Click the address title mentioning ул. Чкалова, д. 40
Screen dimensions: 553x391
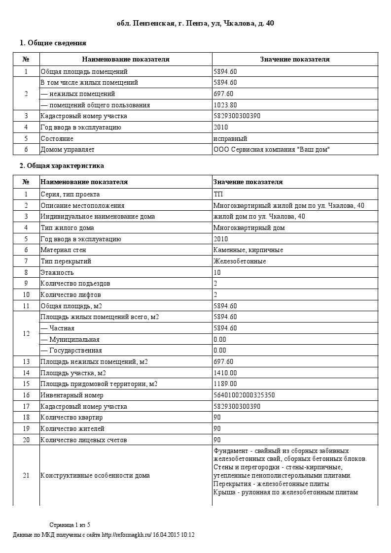[195, 23]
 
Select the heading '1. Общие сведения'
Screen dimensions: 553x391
[53, 43]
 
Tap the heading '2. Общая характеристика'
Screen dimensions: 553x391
[62, 165]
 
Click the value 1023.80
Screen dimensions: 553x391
[225, 105]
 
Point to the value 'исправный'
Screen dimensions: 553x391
[230, 138]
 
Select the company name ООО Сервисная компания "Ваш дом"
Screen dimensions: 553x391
[271, 149]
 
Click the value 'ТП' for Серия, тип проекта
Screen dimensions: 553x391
[218, 194]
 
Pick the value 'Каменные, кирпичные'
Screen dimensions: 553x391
[248, 250]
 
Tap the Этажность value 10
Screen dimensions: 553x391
[217, 272]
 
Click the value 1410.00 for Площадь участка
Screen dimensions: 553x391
[225, 373]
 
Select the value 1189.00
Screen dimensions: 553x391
[225, 384]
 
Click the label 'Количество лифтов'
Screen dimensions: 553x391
[71, 295]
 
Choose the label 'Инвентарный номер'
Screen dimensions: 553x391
[72, 395]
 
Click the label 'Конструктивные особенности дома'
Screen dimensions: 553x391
[95, 476]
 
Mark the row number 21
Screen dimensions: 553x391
[26, 476]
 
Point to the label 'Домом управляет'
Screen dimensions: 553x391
[67, 149]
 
